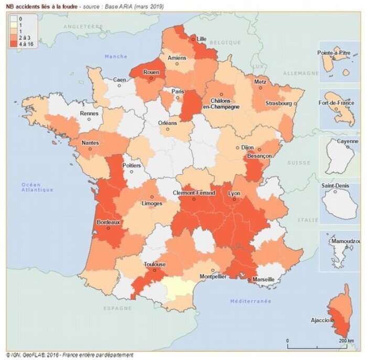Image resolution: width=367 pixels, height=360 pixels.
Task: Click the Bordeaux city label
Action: (109, 222)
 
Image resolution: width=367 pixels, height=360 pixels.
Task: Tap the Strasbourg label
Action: (278, 103)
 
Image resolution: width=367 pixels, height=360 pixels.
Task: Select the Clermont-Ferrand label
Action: (194, 193)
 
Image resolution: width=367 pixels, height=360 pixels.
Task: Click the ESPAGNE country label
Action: (117, 308)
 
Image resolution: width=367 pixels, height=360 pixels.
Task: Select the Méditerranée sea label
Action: (251, 301)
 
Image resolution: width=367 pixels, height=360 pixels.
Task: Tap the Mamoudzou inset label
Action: (344, 240)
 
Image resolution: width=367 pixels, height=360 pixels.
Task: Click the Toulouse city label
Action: (155, 264)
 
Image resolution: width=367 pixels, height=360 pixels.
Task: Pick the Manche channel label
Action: (116, 56)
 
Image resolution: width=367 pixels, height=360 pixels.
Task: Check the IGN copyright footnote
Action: (69, 355)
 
